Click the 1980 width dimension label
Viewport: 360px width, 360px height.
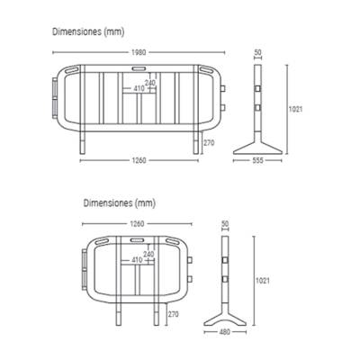tap(139, 52)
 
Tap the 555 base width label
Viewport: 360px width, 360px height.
tap(257, 161)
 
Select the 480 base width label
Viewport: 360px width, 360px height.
tap(225, 332)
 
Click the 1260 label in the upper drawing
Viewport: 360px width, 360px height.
tap(139, 160)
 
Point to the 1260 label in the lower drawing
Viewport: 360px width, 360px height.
tap(137, 224)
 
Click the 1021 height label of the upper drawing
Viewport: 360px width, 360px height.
tap(295, 110)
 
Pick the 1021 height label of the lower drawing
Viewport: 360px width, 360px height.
tap(263, 281)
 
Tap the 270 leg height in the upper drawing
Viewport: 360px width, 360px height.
tap(209, 143)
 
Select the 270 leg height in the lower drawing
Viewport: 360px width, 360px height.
tap(173, 314)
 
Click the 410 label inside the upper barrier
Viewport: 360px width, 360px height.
tap(139, 88)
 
